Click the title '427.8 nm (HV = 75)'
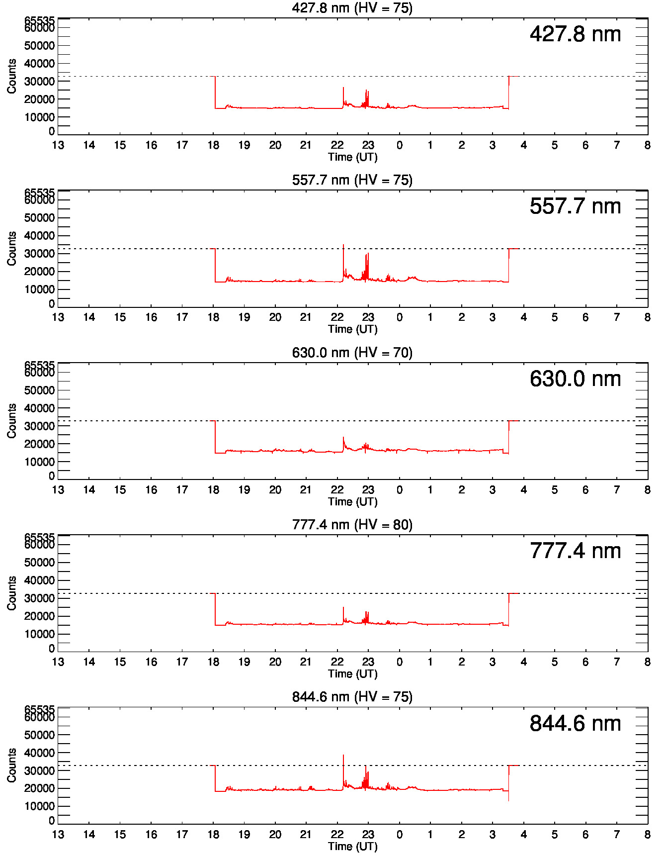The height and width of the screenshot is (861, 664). pos(352,8)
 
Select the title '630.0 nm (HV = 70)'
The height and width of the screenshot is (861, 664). pos(352,353)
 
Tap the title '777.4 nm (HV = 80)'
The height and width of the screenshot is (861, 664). pos(352,525)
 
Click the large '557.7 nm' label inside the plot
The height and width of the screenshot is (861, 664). pos(575,206)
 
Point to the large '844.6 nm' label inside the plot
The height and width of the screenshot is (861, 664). pos(575,724)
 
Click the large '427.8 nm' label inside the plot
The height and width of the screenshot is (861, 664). pos(575,34)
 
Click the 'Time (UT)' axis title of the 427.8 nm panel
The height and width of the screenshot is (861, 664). pos(352,157)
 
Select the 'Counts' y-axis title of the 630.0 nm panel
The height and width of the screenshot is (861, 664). pos(12,421)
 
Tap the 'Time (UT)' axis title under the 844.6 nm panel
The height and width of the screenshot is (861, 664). pos(352,847)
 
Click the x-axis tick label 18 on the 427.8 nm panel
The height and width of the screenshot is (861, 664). pos(213,145)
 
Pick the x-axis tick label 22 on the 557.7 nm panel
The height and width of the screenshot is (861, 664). pos(337,317)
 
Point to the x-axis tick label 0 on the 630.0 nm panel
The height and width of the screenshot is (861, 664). pos(400,490)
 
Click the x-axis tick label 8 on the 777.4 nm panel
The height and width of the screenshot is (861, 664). pos(647,662)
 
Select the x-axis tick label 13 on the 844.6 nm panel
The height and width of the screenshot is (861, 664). pos(58,835)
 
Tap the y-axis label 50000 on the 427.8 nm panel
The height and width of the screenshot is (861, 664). pos(39,46)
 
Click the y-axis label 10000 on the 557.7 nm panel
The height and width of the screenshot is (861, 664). pos(39,289)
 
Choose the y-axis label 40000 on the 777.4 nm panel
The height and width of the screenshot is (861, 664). pos(39,580)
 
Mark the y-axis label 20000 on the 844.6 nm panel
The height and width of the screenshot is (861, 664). pos(39,788)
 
